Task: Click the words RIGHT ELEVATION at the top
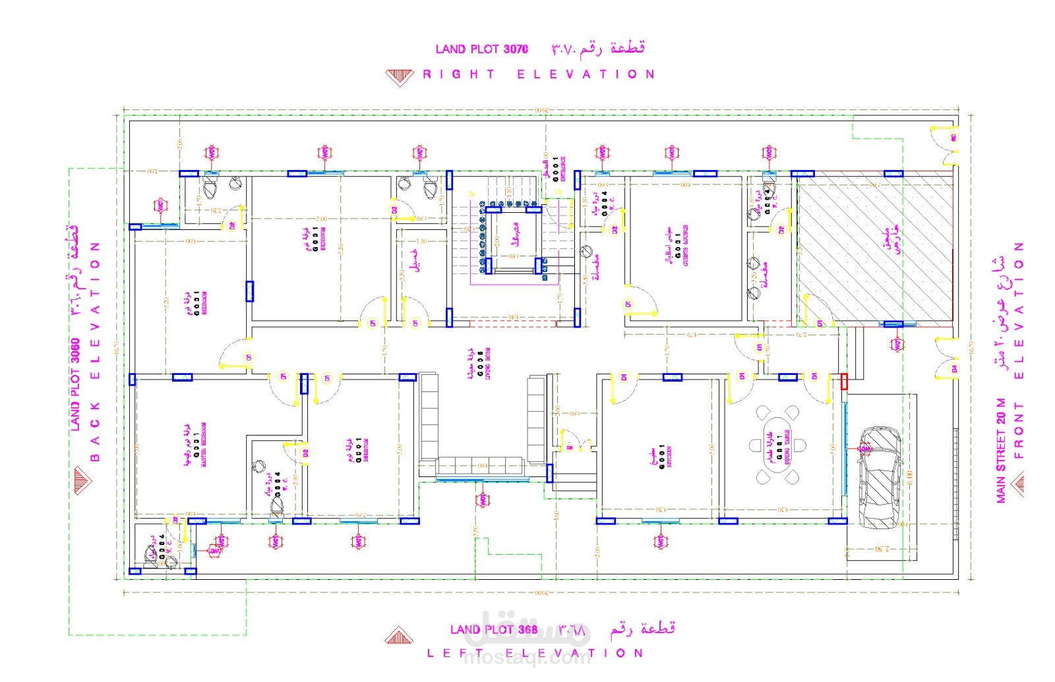pos(539,74)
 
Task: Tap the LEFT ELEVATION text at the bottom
pos(535,654)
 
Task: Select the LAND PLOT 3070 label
pos(481,49)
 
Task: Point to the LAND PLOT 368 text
pos(493,630)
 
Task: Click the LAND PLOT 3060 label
pos(75,385)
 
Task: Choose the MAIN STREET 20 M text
pos(1001,451)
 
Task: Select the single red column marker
pos(844,382)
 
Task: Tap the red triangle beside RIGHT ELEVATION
pos(400,77)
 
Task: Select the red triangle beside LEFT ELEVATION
pos(399,636)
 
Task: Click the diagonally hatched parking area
pos(874,248)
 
